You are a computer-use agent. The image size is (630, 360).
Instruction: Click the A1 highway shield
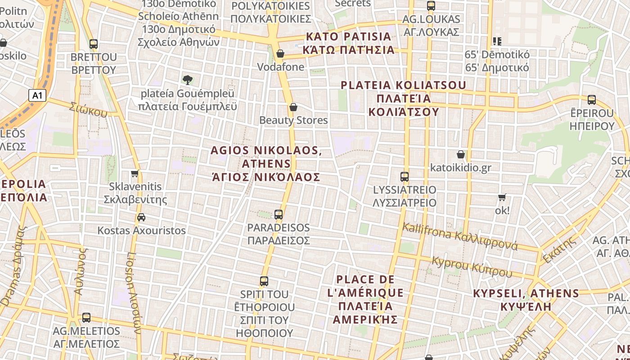point(37,95)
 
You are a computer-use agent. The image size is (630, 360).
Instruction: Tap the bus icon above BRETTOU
point(94,44)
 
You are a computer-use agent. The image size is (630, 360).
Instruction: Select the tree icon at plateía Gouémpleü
point(188,80)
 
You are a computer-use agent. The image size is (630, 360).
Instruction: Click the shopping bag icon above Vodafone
point(280,54)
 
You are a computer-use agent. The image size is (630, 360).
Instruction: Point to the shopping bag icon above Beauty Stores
point(293,107)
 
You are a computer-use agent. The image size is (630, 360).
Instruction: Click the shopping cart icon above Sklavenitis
point(135,173)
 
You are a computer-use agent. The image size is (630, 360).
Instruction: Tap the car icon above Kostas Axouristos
point(141,217)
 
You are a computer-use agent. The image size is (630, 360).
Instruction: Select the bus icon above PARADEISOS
point(279,214)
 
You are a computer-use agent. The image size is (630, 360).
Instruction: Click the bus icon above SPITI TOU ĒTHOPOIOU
point(264,281)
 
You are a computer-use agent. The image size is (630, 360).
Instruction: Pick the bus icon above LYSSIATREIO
point(405,176)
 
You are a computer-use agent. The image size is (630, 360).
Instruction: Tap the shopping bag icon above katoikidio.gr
point(461,154)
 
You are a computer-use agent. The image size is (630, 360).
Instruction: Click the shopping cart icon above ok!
point(502,197)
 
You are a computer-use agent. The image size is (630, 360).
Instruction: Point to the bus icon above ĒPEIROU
point(592,100)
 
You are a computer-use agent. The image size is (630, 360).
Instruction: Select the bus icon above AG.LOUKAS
point(431,6)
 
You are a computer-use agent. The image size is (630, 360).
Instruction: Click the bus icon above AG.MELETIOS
point(86,318)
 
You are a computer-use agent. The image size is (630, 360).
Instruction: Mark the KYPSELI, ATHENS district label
point(526,300)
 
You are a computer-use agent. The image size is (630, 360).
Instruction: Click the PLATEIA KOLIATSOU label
point(403,98)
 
